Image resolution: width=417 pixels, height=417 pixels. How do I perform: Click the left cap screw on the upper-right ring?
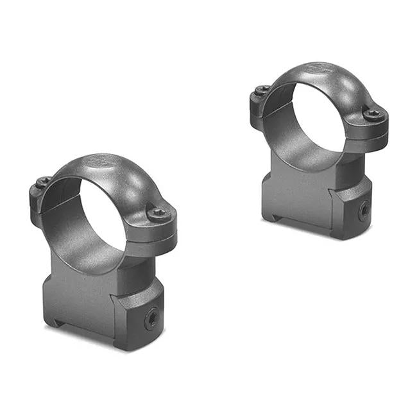click(262, 91)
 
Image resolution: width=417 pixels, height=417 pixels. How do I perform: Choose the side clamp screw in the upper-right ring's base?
click(363, 210)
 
